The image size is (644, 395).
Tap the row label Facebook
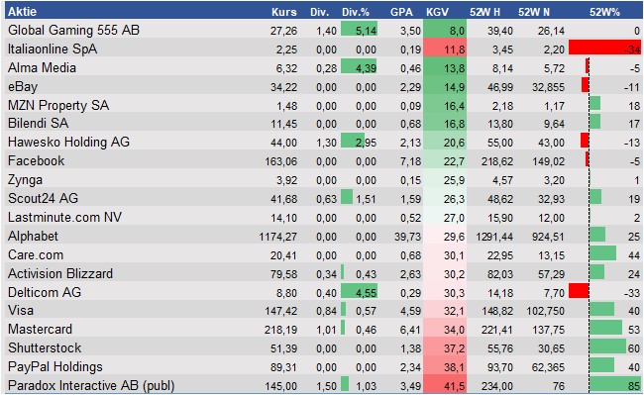point(36,160)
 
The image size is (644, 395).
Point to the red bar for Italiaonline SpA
point(603,49)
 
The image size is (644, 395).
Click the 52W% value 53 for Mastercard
point(632,330)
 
